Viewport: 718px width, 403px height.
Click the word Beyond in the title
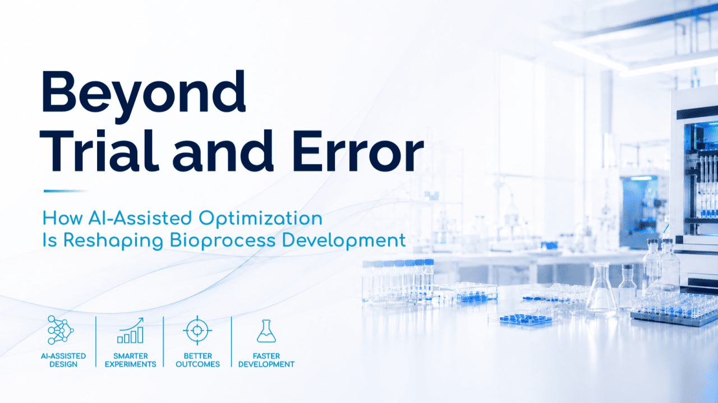(x=143, y=96)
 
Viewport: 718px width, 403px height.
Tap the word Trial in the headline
(x=99, y=151)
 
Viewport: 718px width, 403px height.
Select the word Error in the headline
(x=358, y=151)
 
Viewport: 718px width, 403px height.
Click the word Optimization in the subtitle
(x=260, y=219)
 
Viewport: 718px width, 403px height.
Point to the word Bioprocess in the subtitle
(x=223, y=241)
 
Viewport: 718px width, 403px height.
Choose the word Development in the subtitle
(x=344, y=241)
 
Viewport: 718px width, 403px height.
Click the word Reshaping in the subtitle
(x=113, y=241)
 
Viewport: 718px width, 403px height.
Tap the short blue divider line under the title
(x=66, y=191)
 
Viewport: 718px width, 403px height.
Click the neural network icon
(x=61, y=330)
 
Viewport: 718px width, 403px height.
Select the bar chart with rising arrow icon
(x=131, y=331)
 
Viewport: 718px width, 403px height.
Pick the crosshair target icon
(x=197, y=330)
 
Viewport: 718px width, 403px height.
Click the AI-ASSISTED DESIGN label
(x=63, y=360)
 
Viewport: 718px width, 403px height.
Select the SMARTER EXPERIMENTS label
(x=131, y=360)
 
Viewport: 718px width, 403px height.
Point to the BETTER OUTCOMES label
(x=198, y=360)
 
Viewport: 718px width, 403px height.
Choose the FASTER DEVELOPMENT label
(x=266, y=360)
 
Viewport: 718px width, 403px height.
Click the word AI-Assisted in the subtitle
(x=140, y=219)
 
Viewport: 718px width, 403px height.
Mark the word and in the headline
(x=223, y=151)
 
